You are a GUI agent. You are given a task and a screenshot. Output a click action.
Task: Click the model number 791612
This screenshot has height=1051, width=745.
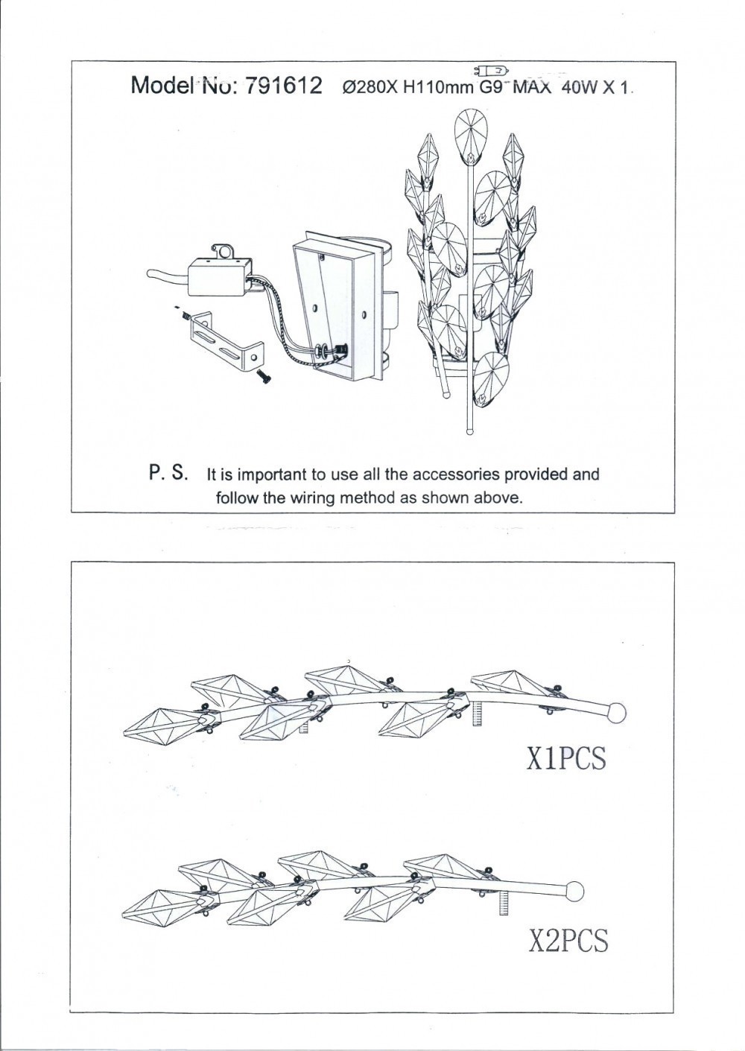[x=283, y=86]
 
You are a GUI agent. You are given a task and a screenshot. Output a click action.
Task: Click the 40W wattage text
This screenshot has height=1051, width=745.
[x=580, y=88]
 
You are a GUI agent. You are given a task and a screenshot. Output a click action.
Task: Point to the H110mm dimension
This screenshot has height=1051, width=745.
[x=437, y=88]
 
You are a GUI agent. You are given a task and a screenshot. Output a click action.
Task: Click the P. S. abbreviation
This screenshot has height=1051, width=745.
[x=169, y=473]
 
